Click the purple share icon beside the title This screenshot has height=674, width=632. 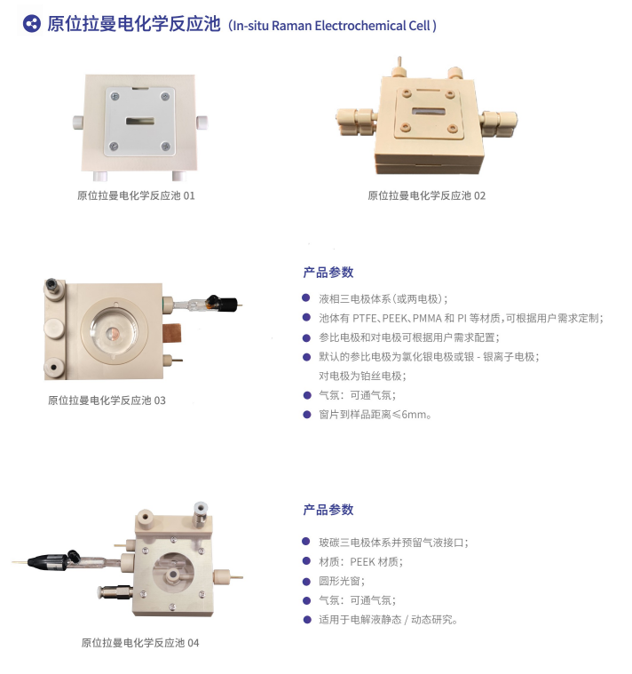pyautogui.click(x=31, y=24)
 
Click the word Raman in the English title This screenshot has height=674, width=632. pyautogui.click(x=291, y=26)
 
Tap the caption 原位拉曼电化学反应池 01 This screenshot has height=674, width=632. pyautogui.click(x=136, y=195)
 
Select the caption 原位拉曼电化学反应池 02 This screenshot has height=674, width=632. pyautogui.click(x=426, y=195)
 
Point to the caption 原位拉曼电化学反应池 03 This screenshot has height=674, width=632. pyautogui.click(x=107, y=400)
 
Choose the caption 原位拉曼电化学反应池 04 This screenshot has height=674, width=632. pyautogui.click(x=140, y=643)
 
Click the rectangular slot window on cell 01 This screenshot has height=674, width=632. pyautogui.click(x=139, y=121)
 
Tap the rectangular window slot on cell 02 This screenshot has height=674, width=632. pyautogui.click(x=429, y=112)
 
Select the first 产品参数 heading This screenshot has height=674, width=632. pyautogui.click(x=328, y=272)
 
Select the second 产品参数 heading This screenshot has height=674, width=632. pyautogui.click(x=328, y=510)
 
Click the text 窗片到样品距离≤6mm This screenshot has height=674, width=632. pyautogui.click(x=375, y=415)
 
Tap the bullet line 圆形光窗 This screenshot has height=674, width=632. pyautogui.click(x=342, y=581)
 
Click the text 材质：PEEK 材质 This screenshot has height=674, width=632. pyautogui.click(x=360, y=562)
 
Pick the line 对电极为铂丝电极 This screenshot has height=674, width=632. pyautogui.click(x=362, y=377)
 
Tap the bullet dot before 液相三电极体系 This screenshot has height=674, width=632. pyautogui.click(x=306, y=297)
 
